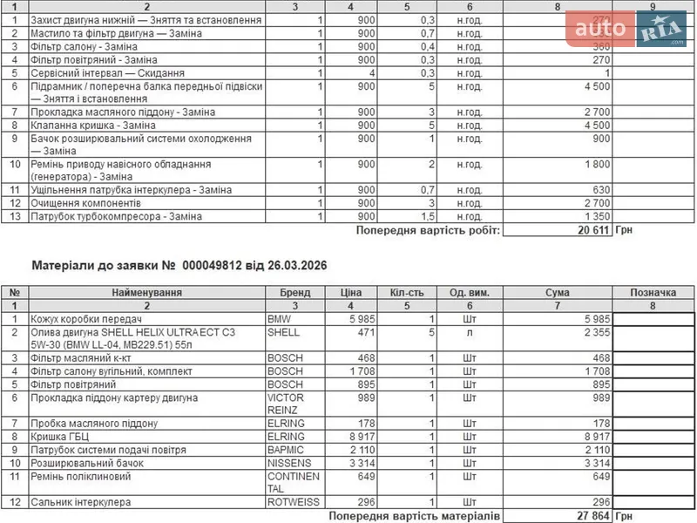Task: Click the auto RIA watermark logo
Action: (626, 31)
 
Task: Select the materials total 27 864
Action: (592, 517)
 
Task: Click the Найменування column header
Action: (147, 293)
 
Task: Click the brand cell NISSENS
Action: (289, 464)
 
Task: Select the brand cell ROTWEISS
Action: (293, 503)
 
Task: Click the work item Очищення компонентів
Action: (85, 203)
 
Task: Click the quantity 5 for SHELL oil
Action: (431, 333)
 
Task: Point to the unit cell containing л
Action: (468, 333)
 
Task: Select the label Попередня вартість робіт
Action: (428, 230)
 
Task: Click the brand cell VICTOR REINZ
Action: (286, 404)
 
